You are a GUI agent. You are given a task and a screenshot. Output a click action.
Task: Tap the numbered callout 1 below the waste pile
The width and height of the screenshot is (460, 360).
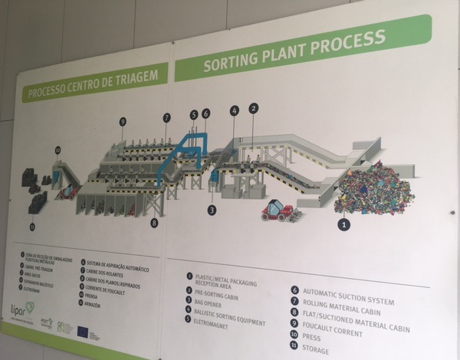pyautogui.click(x=344, y=224)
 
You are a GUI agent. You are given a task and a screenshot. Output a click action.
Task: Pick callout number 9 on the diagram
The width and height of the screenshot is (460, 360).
pyautogui.click(x=122, y=121)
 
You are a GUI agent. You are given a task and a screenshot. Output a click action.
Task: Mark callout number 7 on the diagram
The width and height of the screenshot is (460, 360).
pyautogui.click(x=166, y=117)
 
